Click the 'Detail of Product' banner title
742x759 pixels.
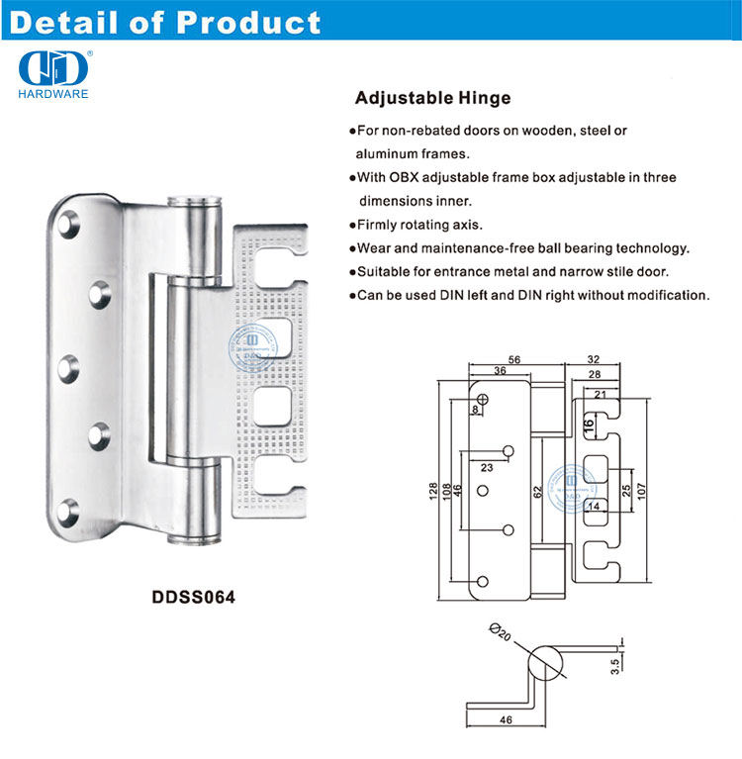(x=164, y=23)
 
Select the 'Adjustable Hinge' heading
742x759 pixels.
(x=432, y=99)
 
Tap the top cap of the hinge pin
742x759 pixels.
(x=195, y=200)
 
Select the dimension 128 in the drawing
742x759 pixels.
(x=431, y=491)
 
